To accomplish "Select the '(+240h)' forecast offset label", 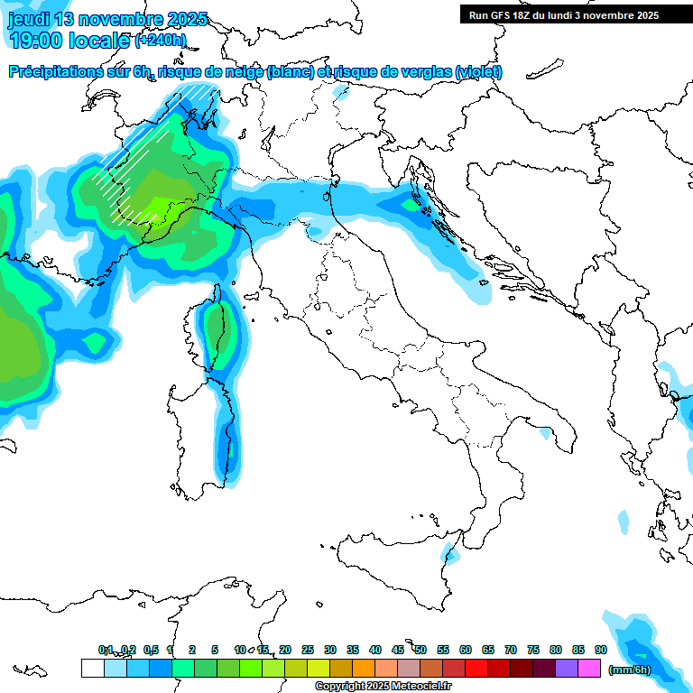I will click(x=161, y=40).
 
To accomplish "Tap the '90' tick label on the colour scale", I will click(x=601, y=651).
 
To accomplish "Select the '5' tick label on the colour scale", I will click(x=215, y=651).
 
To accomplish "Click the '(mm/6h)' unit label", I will click(x=630, y=670).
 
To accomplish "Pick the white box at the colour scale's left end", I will click(x=92, y=669).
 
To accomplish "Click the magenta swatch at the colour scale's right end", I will click(x=589, y=669).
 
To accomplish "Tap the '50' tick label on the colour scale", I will click(x=420, y=651).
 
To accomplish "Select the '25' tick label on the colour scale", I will click(x=308, y=651).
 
